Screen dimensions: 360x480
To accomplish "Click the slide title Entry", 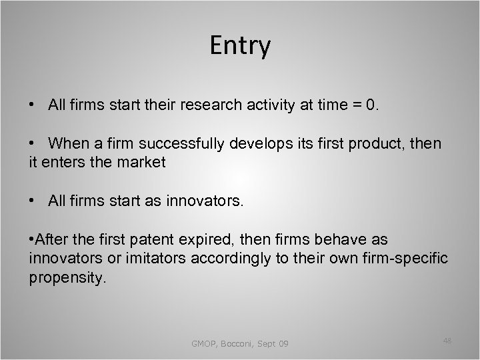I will click(x=240, y=46).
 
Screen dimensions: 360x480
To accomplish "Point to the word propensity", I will click(x=67, y=277).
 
